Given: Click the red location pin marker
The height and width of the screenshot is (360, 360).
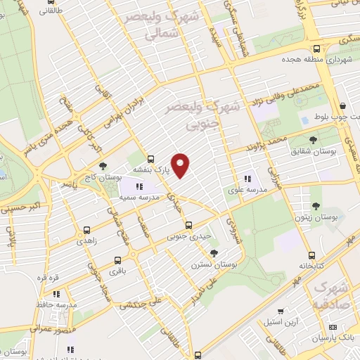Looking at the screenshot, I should click(x=181, y=165).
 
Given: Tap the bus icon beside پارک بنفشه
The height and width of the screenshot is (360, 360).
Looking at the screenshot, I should click(x=151, y=159).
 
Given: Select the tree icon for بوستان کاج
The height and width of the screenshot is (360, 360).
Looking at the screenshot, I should click(x=103, y=165).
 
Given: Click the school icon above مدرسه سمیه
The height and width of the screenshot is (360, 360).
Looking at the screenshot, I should click(x=139, y=187).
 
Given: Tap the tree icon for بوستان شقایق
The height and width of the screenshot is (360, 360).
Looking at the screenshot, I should click(x=313, y=141).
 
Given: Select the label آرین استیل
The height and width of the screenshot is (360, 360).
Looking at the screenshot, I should click(x=280, y=322).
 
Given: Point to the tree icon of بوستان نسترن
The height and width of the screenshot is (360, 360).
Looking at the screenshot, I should click(x=214, y=253).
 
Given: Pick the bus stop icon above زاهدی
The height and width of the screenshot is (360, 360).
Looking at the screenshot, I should click(x=87, y=230).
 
